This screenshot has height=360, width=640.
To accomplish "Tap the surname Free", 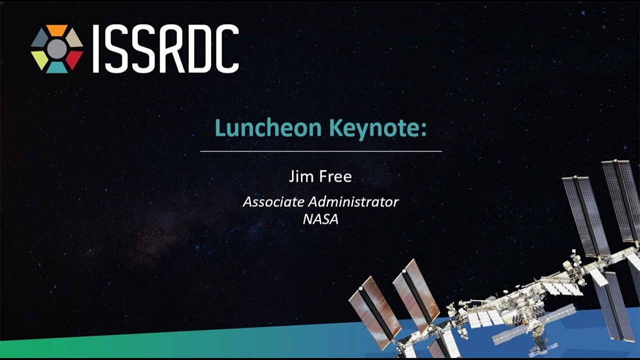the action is tap(335, 176).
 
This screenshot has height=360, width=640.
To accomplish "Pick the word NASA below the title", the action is tap(320, 219).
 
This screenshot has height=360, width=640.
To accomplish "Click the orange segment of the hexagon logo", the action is tap(57, 30).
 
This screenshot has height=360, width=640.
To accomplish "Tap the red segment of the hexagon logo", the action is tap(74, 59).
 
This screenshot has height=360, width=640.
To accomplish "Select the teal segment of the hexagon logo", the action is tap(57, 67).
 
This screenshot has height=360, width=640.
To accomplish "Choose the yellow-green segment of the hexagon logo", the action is tap(39, 59).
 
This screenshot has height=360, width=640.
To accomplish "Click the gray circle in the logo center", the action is tap(57, 49).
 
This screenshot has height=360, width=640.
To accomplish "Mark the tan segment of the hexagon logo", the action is tap(74, 38).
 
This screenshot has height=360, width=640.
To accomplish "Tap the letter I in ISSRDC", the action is tap(96, 48).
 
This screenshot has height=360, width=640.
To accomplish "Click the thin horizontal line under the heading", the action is tap(321, 151).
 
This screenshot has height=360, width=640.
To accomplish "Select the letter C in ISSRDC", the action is tap(227, 48).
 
